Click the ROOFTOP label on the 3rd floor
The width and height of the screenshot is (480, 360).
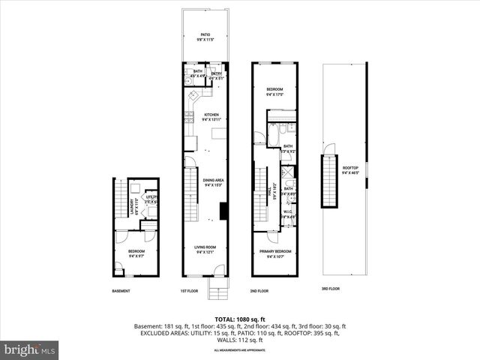tap(350, 170)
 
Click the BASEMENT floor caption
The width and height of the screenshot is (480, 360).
tap(121, 291)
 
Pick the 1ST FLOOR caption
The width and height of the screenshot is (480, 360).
tap(189, 291)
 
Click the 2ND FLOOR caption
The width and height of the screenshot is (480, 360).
tap(258, 291)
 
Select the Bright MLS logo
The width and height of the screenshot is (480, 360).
tap(30, 349)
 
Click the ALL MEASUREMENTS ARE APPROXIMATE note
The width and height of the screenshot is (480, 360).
tap(239, 350)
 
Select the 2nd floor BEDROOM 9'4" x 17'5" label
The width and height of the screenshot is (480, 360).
tap(274, 92)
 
